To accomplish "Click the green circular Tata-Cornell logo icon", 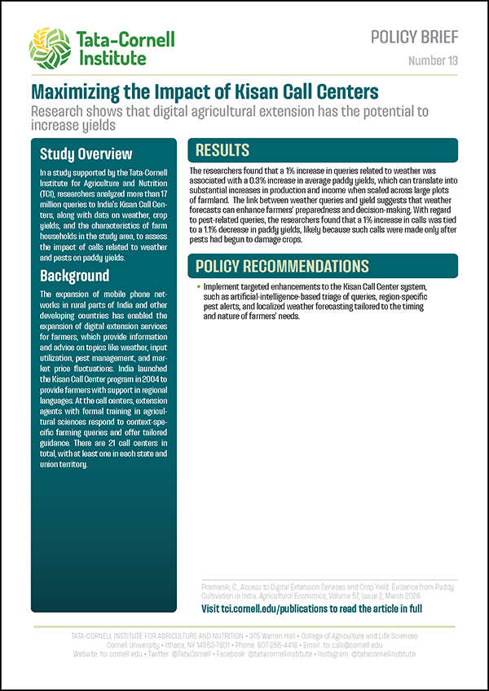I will click(x=50, y=47).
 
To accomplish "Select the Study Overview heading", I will click(x=86, y=154).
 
